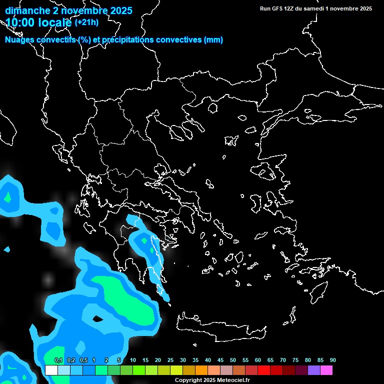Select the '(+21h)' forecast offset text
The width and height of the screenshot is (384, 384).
pyautogui.click(x=86, y=22)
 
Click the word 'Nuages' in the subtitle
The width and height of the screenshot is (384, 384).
pyautogui.click(x=21, y=40)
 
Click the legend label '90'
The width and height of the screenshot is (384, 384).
pyautogui.click(x=332, y=360)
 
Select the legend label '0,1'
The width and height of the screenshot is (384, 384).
pyautogui.click(x=58, y=360)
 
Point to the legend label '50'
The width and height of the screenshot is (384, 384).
pyautogui.click(x=233, y=360)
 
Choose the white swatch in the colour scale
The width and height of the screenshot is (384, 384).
pyautogui.click(x=51, y=370)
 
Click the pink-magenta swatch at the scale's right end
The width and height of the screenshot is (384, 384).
pyautogui.click(x=326, y=370)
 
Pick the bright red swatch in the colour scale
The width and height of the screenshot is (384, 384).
pyautogui.click(x=263, y=370)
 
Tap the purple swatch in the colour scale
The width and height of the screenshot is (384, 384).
pyautogui.click(x=313, y=370)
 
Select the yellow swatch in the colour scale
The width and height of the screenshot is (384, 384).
pyautogui.click(x=176, y=370)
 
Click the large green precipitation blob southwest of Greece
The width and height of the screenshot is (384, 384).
pyautogui.click(x=127, y=300)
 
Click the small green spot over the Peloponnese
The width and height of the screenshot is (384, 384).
pyautogui.click(x=144, y=241)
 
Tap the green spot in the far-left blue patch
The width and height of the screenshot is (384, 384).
pyautogui.click(x=7, y=197)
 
